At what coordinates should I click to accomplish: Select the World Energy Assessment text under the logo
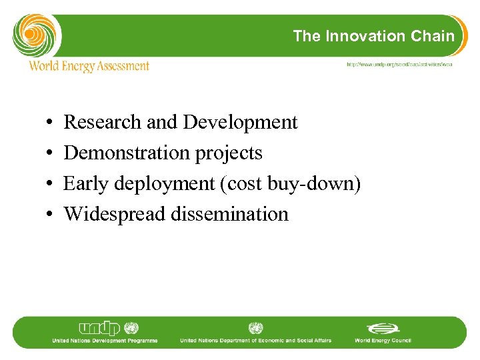89,66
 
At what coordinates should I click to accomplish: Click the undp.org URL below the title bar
398,65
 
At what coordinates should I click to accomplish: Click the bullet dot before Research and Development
51,123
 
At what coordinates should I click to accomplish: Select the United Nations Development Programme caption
105,341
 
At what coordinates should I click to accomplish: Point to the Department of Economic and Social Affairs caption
255,341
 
